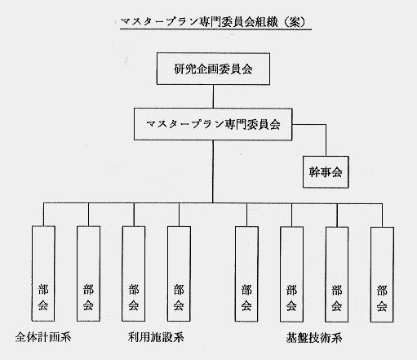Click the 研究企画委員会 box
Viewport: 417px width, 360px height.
coord(213,69)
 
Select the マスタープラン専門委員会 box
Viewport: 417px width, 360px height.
coord(213,124)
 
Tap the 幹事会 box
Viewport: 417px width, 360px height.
coord(326,172)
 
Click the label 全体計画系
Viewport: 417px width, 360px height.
coord(43,337)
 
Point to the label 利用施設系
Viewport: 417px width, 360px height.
coord(156,337)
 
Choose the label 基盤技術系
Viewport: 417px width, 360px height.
coord(314,338)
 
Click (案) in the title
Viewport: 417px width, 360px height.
coord(295,21)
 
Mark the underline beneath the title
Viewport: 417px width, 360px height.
coord(215,29)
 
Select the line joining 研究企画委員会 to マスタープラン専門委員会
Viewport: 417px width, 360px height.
coord(213,96)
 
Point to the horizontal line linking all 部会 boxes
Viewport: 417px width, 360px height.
coord(213,203)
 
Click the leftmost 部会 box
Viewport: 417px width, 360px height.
coord(43,273)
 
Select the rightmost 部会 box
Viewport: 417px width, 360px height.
coord(382,274)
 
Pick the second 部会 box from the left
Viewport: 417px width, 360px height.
coord(88,273)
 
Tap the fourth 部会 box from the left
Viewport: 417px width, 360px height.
coord(179,273)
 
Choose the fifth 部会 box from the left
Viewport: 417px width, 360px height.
coord(246,274)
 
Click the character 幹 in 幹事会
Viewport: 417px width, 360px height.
coord(314,172)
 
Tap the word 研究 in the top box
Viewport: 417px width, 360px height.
coord(185,69)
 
